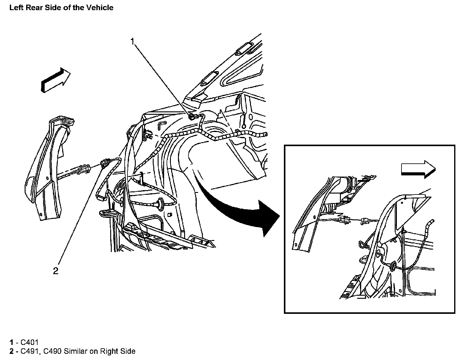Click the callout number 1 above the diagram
tap(133, 42)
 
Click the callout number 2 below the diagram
tap(56, 271)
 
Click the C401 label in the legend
tap(29, 342)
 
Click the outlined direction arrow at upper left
tap(55, 80)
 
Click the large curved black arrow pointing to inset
tap(243, 209)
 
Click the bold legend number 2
tap(11, 351)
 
